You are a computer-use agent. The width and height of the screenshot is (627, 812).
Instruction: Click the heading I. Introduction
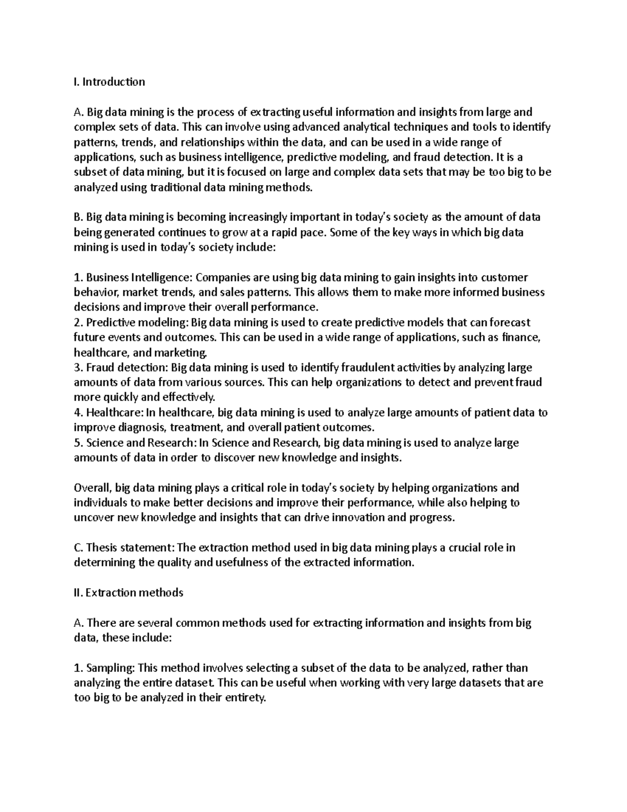pyautogui.click(x=109, y=82)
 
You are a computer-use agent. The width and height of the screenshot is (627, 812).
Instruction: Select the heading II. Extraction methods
pyautogui.click(x=129, y=592)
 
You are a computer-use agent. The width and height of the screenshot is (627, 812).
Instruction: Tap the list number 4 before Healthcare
pyautogui.click(x=77, y=413)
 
